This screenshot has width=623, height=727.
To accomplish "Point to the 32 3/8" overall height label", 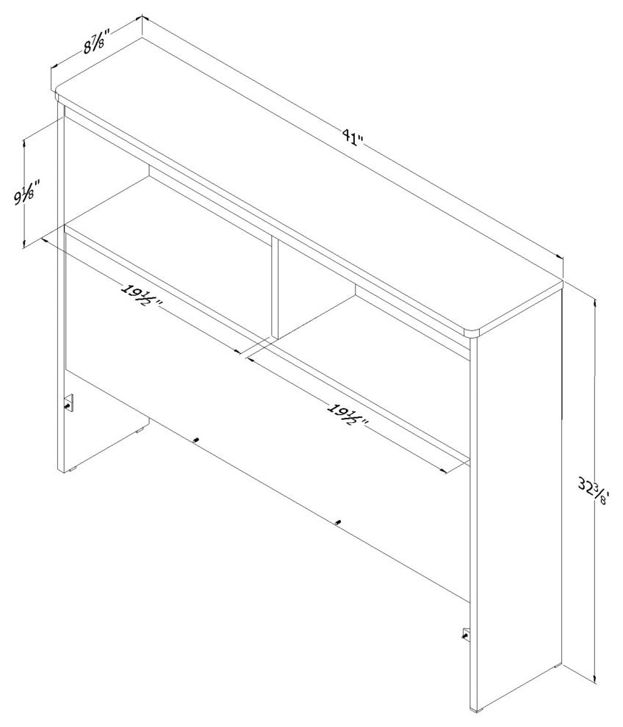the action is pyautogui.click(x=594, y=493).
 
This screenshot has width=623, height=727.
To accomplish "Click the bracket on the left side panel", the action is pyautogui.click(x=69, y=402).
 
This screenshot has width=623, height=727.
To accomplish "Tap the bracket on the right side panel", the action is pyautogui.click(x=467, y=634).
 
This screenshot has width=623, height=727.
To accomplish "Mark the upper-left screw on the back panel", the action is pyautogui.click(x=197, y=440).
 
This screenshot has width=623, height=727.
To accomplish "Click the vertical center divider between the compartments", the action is pyautogui.click(x=275, y=289).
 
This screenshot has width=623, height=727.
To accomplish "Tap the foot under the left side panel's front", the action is pyautogui.click(x=71, y=470).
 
